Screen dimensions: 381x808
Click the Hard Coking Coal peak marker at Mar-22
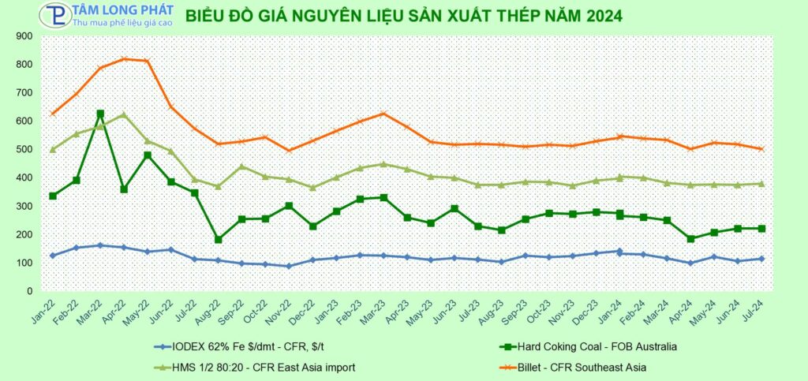pos(100,114)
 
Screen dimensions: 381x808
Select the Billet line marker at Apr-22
pos(124,59)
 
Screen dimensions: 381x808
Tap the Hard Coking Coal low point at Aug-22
pos(219,239)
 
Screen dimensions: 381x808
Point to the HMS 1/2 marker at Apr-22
pos(124,115)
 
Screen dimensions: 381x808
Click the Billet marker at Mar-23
pos(383,114)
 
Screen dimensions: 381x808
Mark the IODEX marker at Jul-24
pos(762,259)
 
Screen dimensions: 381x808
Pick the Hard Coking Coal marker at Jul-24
pos(762,229)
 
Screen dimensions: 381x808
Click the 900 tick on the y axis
pos(35,36)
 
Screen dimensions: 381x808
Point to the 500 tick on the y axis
pos(35,149)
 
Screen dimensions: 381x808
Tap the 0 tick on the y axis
pos(40,291)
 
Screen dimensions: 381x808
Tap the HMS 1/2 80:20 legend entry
pos(260,366)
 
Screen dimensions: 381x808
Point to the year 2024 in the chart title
pos(600,15)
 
